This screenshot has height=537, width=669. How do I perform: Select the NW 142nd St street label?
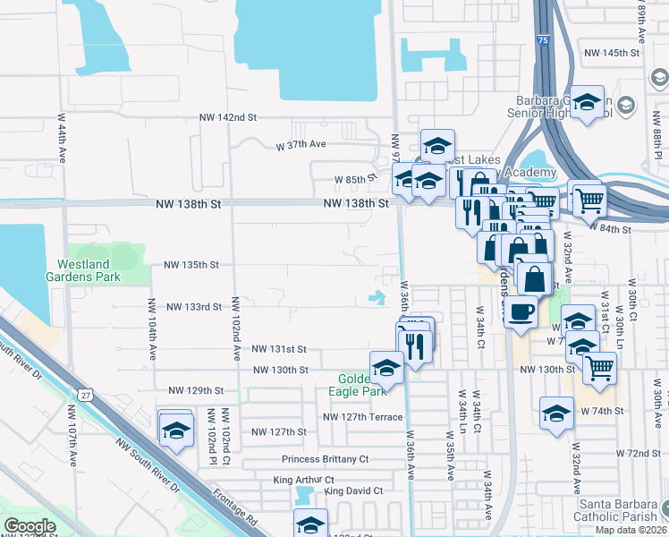coord(227,117)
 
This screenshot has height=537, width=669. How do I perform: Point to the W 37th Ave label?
coord(301,144)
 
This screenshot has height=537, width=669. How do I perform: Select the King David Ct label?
coord(354,490)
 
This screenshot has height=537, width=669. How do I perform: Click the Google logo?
coord(30,526)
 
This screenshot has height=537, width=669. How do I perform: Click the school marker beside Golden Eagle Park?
coord(386,368)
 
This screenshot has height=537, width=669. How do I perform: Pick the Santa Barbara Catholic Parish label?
coord(618,509)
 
